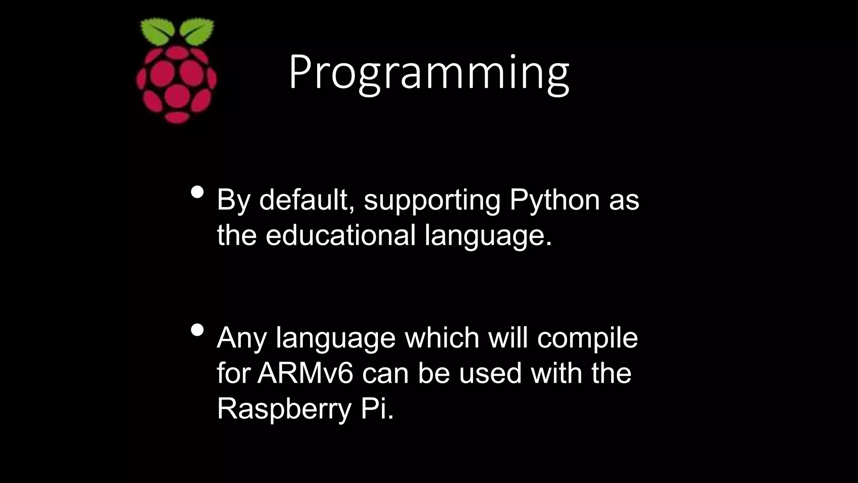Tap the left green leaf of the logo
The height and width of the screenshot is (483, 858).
[x=157, y=31]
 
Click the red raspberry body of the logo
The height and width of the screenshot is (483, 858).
[x=176, y=84]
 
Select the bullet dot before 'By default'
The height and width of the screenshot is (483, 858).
[x=197, y=192]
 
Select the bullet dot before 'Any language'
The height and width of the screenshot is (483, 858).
[x=197, y=330]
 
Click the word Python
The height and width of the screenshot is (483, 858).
[x=555, y=200]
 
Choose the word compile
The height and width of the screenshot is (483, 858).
[x=587, y=338]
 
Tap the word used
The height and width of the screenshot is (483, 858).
[x=490, y=373]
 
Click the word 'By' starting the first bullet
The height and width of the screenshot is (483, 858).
[x=233, y=200]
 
